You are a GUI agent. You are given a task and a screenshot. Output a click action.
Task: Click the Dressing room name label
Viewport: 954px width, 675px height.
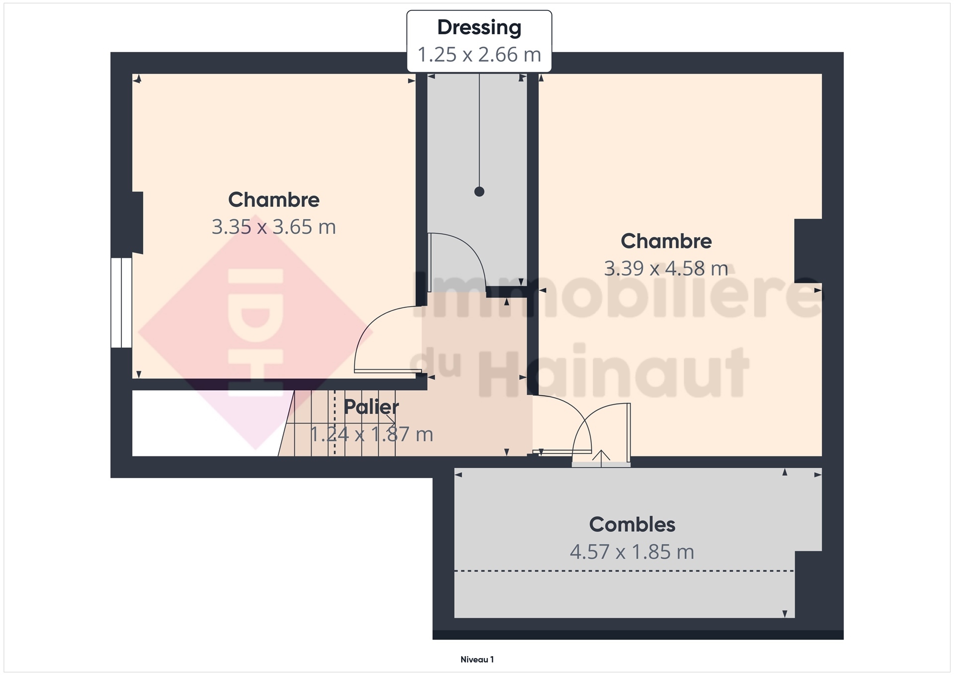[x=479, y=28]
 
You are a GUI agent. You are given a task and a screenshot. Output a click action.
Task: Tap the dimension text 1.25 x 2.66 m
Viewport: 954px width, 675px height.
[x=479, y=55]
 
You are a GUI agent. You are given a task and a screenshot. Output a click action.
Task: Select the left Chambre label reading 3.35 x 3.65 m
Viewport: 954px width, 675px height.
[x=274, y=227]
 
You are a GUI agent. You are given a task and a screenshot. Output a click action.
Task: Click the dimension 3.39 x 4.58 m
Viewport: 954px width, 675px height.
[x=666, y=269]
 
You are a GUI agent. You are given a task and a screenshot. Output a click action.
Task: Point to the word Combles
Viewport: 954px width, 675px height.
[x=632, y=524]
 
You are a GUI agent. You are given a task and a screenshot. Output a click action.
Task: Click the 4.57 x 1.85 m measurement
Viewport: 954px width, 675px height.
[x=632, y=552]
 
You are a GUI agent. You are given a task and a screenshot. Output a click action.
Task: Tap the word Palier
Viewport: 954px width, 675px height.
[x=371, y=407]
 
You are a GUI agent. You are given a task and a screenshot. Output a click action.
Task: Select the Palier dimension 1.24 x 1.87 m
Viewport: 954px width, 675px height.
[x=372, y=434]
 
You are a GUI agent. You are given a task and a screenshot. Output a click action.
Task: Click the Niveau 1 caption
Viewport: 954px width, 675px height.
[x=477, y=660]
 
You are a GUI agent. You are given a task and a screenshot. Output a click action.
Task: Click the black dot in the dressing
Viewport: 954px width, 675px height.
[x=479, y=191]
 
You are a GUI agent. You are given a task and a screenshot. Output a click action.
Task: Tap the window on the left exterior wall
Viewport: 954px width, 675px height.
[x=121, y=302]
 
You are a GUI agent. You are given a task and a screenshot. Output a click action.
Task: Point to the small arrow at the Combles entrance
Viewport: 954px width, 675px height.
[x=601, y=458]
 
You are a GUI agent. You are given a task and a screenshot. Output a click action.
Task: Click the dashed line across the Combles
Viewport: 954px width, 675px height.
[x=624, y=571]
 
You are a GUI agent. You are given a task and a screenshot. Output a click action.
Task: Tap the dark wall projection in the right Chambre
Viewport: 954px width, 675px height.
[x=808, y=251]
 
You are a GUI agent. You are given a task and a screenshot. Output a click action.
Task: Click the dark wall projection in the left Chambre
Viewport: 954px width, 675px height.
[x=138, y=223]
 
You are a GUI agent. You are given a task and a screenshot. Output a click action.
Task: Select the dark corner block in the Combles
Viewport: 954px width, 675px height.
[x=808, y=584]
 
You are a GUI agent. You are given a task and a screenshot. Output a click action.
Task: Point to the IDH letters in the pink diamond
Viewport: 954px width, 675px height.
[x=255, y=332]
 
